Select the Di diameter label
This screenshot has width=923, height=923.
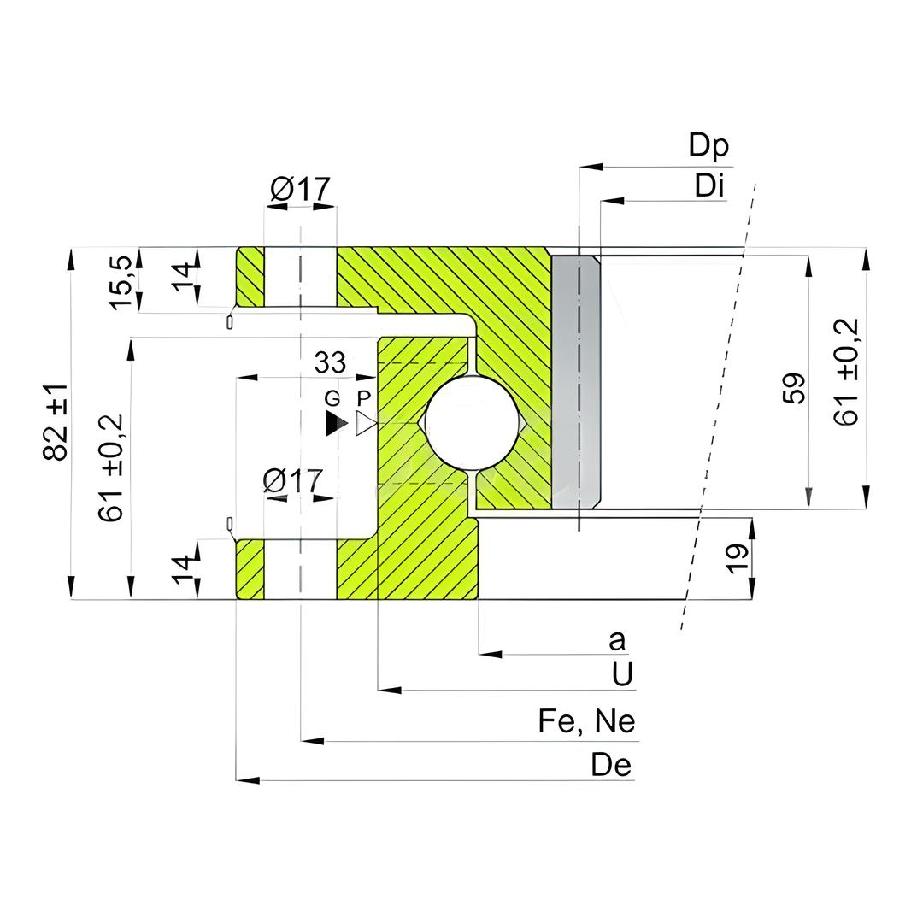[x=708, y=185]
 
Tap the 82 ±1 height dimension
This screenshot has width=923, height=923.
[x=56, y=421]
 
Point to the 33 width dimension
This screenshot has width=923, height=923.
[x=330, y=362]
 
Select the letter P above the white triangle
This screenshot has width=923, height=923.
[x=364, y=398]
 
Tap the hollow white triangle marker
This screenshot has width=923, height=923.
[x=366, y=424]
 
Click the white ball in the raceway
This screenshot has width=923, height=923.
[x=473, y=423]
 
